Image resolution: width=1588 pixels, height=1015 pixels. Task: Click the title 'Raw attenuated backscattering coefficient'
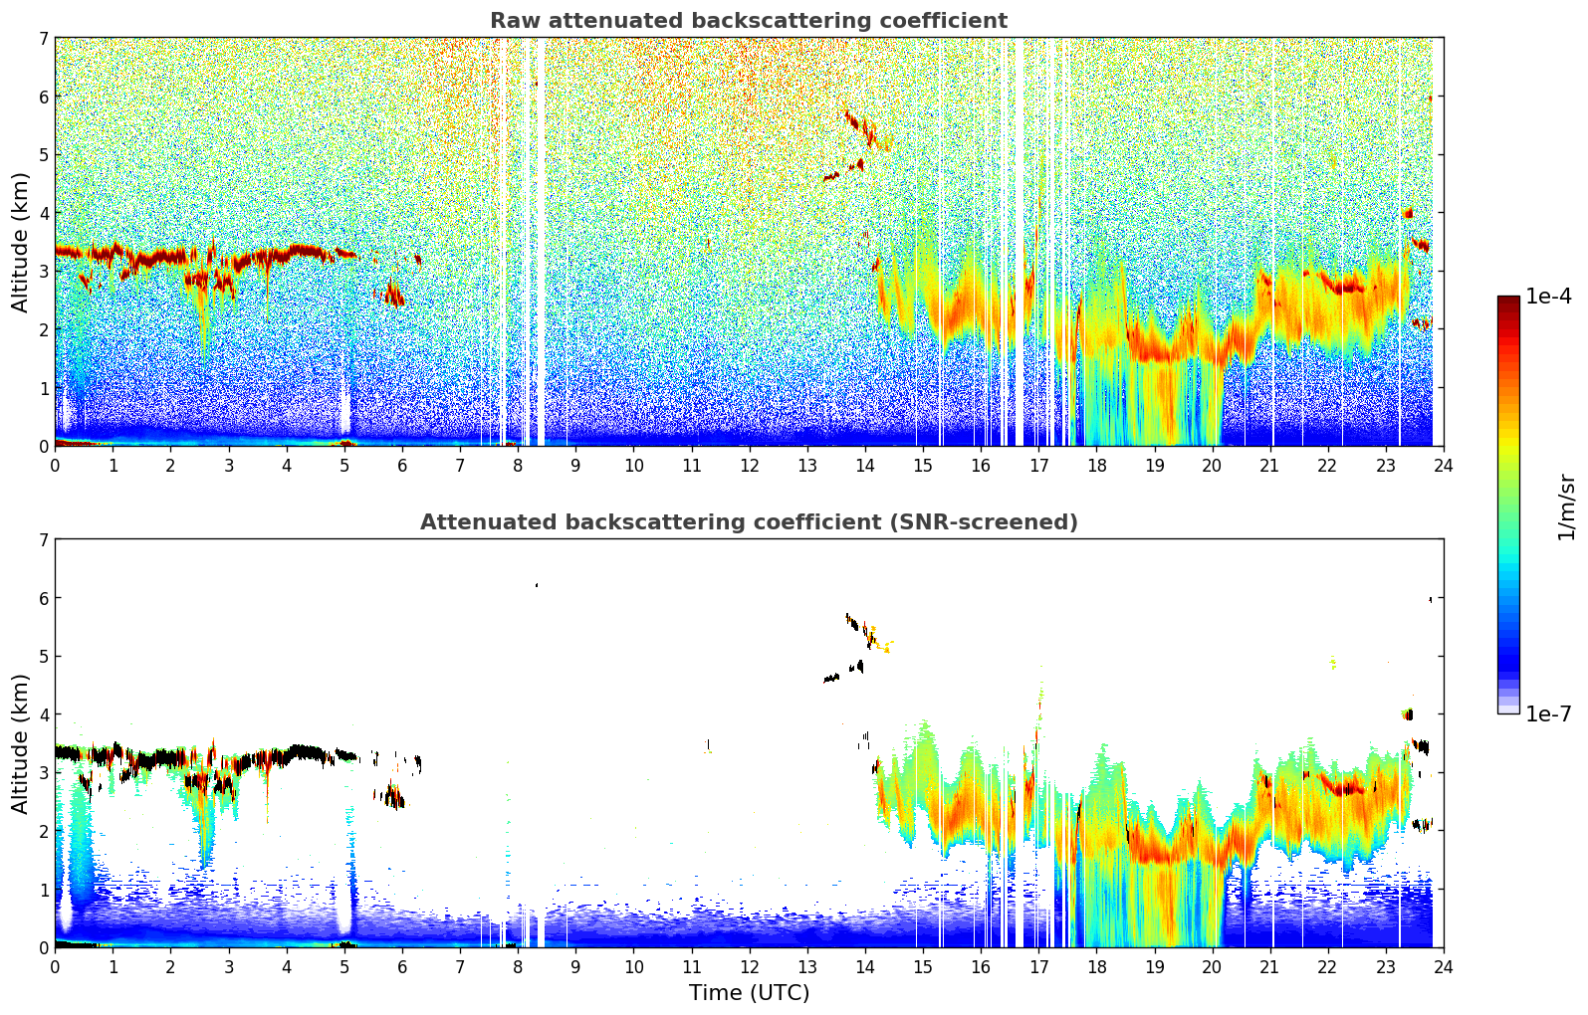[x=748, y=21]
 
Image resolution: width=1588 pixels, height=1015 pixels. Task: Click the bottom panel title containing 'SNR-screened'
[x=748, y=522]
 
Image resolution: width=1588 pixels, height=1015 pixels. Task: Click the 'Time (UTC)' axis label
[x=749, y=993]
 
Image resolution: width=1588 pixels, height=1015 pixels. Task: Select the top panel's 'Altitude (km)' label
[x=21, y=242]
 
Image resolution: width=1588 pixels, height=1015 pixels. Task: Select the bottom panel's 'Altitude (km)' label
[x=21, y=743]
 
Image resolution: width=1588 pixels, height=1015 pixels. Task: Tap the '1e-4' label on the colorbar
[x=1548, y=297]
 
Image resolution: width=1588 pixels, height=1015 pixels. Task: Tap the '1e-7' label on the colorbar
[x=1548, y=714]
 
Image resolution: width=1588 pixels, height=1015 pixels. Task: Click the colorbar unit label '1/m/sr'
[x=1567, y=507]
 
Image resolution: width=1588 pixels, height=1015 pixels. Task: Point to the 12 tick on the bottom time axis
[x=749, y=966]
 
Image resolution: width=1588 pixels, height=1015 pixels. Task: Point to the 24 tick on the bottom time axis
[x=1443, y=966]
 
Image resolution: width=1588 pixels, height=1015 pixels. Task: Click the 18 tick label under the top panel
[x=1096, y=465]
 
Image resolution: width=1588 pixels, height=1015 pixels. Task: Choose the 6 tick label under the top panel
[x=402, y=465]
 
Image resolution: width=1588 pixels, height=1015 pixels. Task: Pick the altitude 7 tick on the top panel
[x=43, y=39]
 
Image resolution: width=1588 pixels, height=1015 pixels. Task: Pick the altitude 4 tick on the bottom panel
[x=43, y=714]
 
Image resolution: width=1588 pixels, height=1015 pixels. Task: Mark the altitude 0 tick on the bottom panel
[x=43, y=947]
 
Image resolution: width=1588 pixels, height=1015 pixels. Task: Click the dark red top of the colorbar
[x=1507, y=301]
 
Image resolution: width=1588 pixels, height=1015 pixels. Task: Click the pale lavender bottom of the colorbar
[x=1507, y=709]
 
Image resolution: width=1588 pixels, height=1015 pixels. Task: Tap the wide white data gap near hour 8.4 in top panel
[x=541, y=239]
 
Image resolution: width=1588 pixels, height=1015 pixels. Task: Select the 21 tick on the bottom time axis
[x=1269, y=966]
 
